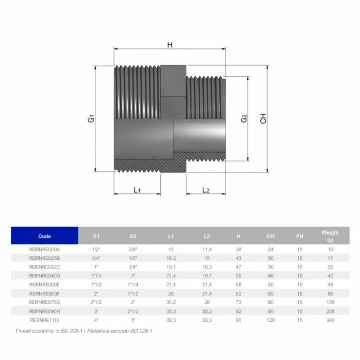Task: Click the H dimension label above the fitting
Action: coord(170,45)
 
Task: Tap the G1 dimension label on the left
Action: coord(91,119)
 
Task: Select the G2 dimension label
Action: coord(244,119)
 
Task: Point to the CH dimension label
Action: coord(263,119)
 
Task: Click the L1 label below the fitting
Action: coord(137,190)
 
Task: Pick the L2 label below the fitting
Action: coord(206,190)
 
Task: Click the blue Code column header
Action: coord(45,236)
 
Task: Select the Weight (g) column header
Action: coord(330,236)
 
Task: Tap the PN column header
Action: coord(300,236)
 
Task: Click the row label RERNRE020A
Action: coord(44,249)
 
